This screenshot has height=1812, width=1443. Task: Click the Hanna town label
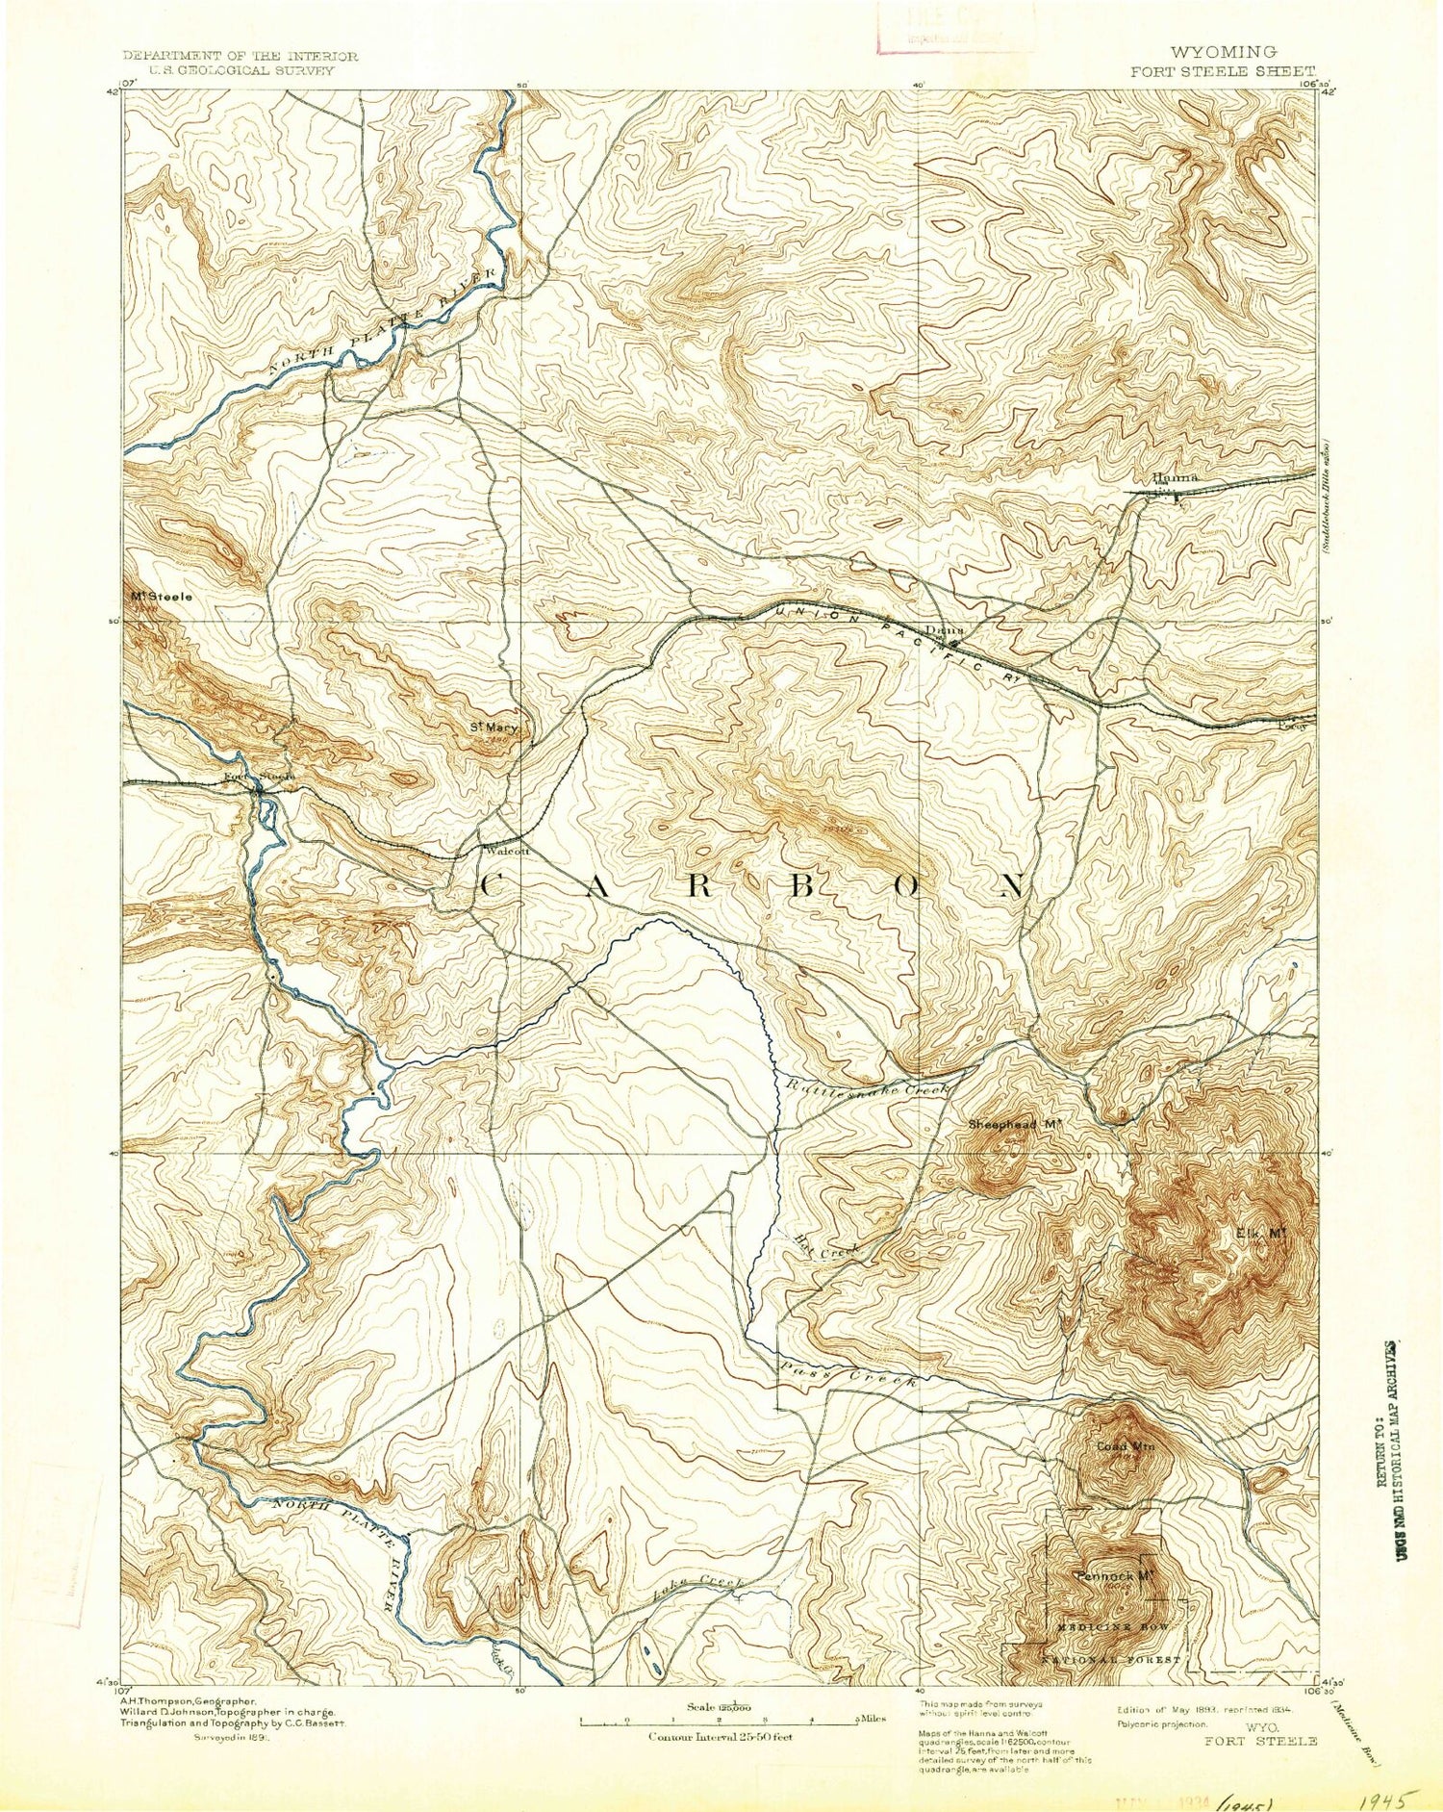(x=1175, y=478)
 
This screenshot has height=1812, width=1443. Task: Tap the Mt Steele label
(x=162, y=597)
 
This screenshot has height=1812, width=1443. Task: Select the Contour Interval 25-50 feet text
(x=721, y=1736)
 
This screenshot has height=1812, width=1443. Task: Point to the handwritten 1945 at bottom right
(x=1388, y=1798)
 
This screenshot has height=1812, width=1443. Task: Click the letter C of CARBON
(x=489, y=886)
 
